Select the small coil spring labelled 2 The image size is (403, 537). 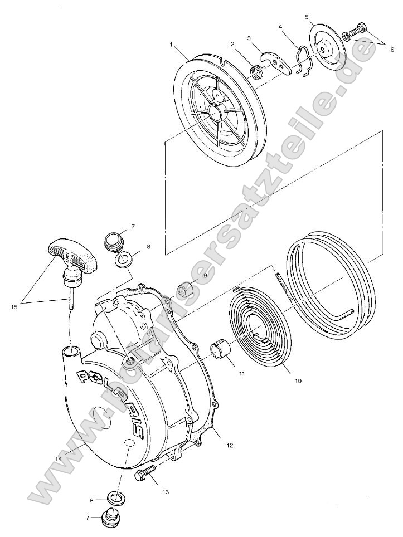pos(257,72)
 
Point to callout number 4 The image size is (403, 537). pos(280,27)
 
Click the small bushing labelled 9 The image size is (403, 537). pos(186,291)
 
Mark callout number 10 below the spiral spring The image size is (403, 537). pos(298,381)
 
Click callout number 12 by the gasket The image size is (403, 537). pos(230,445)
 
